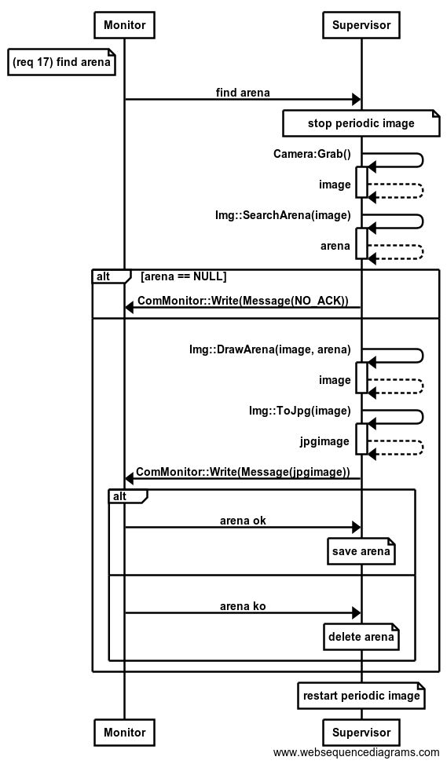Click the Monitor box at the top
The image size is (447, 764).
tap(125, 25)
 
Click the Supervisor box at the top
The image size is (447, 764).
tap(361, 25)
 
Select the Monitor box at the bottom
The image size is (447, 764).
tap(125, 733)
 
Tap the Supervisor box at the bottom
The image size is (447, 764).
tap(361, 733)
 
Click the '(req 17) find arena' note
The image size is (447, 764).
tap(61, 62)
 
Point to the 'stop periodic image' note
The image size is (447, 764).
tap(361, 123)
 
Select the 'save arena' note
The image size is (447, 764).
tap(361, 551)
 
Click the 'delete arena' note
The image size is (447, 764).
tap(361, 636)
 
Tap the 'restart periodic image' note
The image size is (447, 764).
tap(361, 696)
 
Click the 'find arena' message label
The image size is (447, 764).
tap(243, 93)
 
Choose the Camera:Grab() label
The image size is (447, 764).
tap(312, 155)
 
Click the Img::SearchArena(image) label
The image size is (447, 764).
tap(284, 215)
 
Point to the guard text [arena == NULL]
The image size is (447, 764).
tap(183, 276)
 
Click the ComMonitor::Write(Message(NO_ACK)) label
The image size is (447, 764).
tap(244, 301)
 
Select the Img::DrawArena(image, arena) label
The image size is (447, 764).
tap(270, 350)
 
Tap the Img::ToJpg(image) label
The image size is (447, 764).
tap(300, 411)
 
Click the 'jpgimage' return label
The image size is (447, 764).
tap(324, 441)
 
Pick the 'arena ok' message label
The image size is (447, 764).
tap(243, 521)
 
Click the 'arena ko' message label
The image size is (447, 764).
tap(243, 606)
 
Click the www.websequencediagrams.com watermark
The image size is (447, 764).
tap(357, 753)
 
